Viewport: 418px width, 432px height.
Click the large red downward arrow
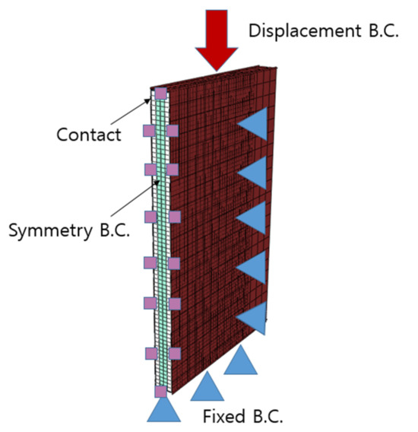coord(216,38)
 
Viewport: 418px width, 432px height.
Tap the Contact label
coord(89,135)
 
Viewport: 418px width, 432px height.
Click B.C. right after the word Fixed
coord(265,416)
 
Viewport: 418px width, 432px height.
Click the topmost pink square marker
coord(161,94)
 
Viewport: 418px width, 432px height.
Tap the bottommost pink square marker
coord(160,392)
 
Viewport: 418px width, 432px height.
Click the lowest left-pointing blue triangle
coord(253,318)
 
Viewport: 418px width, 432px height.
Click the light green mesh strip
coord(160,243)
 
